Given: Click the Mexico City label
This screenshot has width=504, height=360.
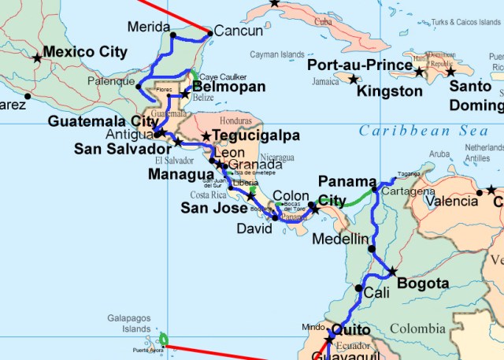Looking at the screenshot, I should tap(84, 52).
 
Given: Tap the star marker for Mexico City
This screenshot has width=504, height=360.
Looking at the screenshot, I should tap(37, 58).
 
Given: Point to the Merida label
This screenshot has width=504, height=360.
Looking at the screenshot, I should tap(147, 25).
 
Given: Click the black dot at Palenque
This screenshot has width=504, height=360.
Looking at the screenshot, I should tap(139, 86).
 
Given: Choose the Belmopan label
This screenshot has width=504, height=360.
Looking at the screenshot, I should tap(228, 87).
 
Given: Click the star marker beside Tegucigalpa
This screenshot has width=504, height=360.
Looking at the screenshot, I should tap(206, 136).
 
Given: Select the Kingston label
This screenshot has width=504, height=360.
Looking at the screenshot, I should tap(389, 91).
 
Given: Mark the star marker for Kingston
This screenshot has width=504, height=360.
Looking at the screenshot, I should tap(353, 79).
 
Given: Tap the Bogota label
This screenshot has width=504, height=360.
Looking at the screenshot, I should tap(423, 284).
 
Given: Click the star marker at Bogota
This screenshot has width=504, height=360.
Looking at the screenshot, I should tap(392, 272).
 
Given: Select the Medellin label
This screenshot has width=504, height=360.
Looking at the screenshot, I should tap(340, 238).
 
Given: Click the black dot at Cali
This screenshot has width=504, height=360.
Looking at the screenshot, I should tap(359, 288).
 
